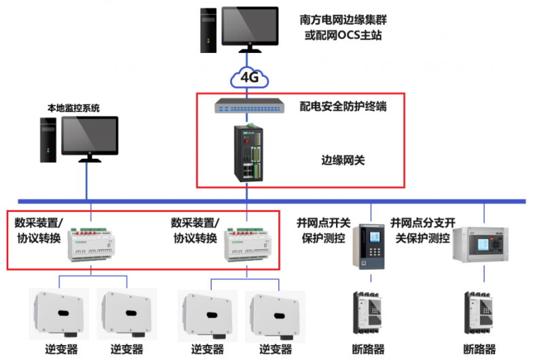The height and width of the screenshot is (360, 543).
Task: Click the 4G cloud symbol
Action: point(250,77)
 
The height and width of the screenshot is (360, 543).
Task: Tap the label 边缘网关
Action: point(343,161)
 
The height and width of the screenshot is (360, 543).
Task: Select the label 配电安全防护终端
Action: point(343,106)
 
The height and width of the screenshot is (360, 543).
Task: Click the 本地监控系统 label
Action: point(73,107)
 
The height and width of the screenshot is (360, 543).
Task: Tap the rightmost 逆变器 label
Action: point(275,349)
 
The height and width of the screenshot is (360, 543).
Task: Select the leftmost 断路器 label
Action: point(368,349)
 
